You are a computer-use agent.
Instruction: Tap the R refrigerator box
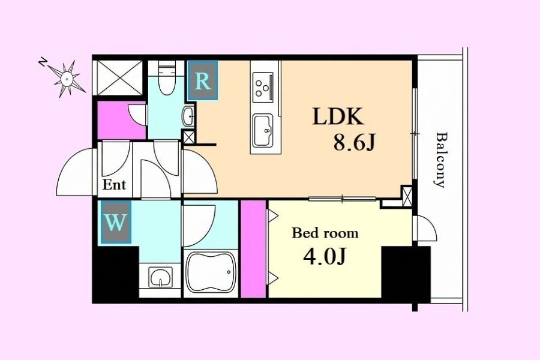(203, 80)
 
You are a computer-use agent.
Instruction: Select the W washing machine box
(116, 223)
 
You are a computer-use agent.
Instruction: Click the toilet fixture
(167, 78)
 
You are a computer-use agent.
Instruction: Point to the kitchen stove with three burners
(263, 87)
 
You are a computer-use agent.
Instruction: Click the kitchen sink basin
(263, 130)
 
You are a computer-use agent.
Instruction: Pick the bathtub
(210, 272)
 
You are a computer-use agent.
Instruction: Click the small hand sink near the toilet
(188, 116)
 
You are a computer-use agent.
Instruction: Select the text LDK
(338, 117)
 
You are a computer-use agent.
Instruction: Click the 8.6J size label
(353, 142)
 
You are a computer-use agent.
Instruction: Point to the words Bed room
(325, 233)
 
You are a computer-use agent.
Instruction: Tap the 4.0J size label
(325, 256)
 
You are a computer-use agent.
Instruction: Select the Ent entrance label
(115, 185)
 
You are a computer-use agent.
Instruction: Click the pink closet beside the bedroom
(253, 248)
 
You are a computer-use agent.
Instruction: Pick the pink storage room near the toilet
(122, 120)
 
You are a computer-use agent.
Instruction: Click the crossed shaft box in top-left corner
(119, 77)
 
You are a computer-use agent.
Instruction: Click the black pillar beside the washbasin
(116, 273)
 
